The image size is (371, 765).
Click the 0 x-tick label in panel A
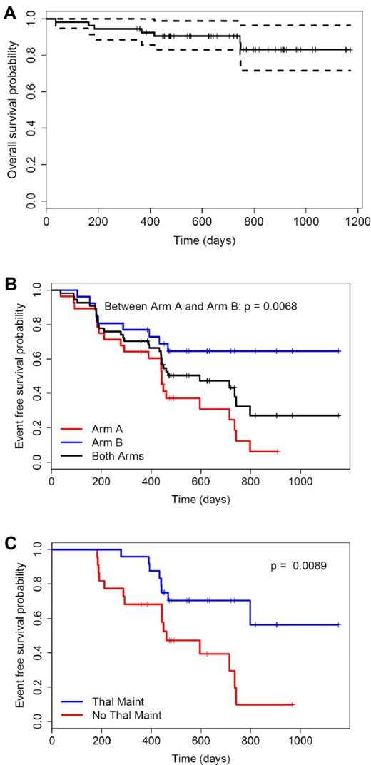[x=46, y=222]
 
